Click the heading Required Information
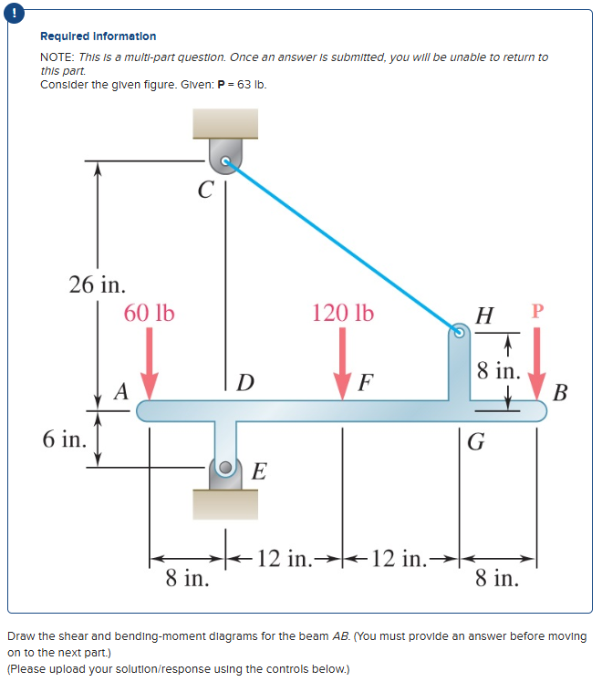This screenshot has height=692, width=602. [x=98, y=36]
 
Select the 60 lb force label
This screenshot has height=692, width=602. [x=150, y=313]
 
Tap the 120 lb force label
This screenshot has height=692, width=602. [x=342, y=313]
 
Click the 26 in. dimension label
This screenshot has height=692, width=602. [x=98, y=284]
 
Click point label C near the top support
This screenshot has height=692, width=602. [x=205, y=191]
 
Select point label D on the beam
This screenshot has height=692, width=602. [x=244, y=379]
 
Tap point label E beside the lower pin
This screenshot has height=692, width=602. [x=259, y=470]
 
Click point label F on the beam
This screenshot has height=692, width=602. [x=366, y=380]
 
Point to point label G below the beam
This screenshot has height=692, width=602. [x=475, y=444]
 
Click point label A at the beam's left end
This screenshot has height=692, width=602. [x=120, y=391]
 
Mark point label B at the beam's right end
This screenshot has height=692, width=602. [x=560, y=393]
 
